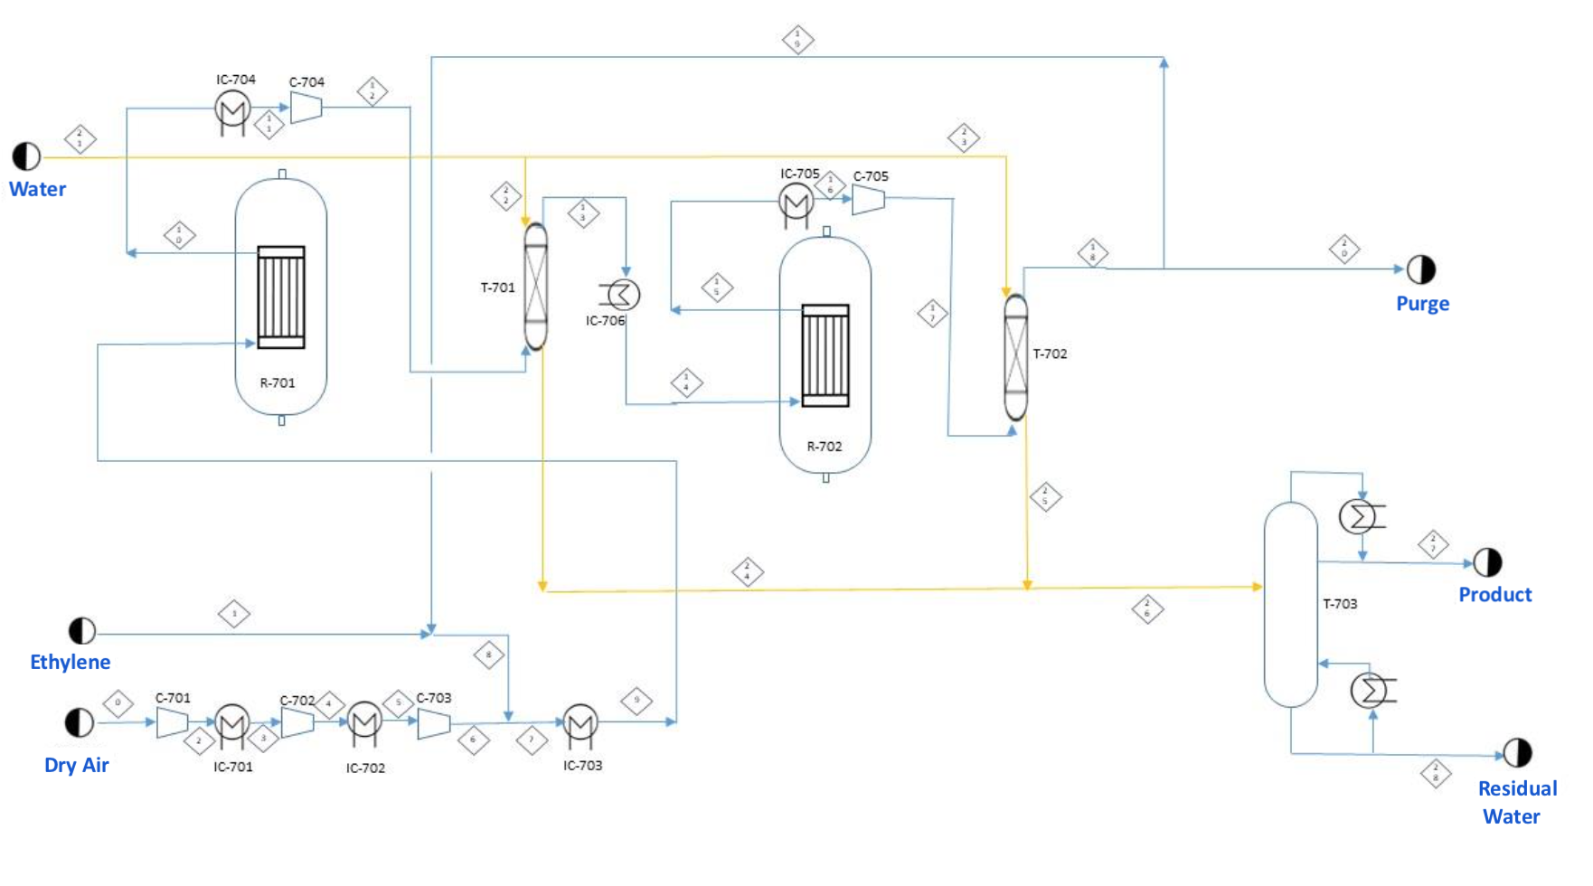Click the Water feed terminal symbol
pyautogui.click(x=26, y=156)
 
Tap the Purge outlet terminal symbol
pyautogui.click(x=1421, y=269)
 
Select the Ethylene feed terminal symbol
pyautogui.click(x=82, y=630)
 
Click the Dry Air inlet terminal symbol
pyautogui.click(x=80, y=722)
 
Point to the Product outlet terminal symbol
pyautogui.click(x=1487, y=562)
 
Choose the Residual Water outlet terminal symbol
pyautogui.click(x=1517, y=752)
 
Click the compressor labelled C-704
pyautogui.click(x=306, y=108)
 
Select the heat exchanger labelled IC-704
pyautogui.click(x=232, y=109)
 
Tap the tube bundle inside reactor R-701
pyautogui.click(x=281, y=297)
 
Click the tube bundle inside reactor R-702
pyautogui.click(x=825, y=355)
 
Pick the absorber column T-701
pyautogui.click(x=536, y=286)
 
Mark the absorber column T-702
pyautogui.click(x=1016, y=357)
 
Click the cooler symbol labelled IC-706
pyautogui.click(x=622, y=294)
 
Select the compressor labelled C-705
pyautogui.click(x=868, y=200)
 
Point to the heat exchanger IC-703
pyautogui.click(x=580, y=721)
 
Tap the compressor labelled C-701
pyautogui.click(x=172, y=722)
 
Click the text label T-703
pyautogui.click(x=1340, y=604)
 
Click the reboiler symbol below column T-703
pyautogui.click(x=1368, y=690)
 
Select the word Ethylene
pyautogui.click(x=71, y=662)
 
